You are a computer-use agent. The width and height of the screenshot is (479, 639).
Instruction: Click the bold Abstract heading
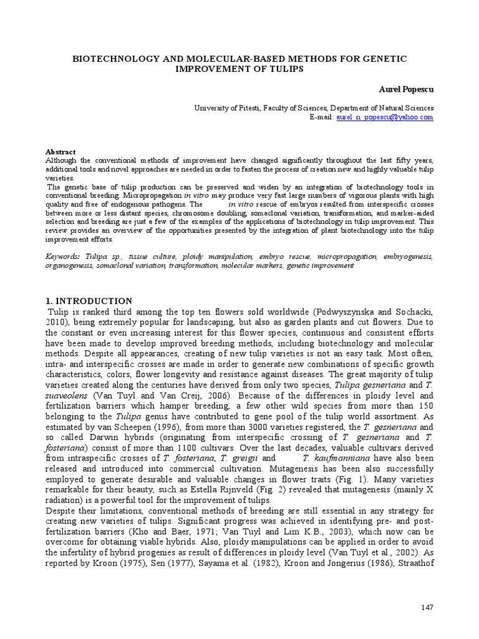[x=60, y=152]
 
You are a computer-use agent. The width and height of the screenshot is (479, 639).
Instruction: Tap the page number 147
[x=427, y=607]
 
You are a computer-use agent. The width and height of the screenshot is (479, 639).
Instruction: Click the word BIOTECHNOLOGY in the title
[x=108, y=58]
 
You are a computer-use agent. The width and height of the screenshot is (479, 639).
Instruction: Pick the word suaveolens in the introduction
[x=67, y=396]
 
